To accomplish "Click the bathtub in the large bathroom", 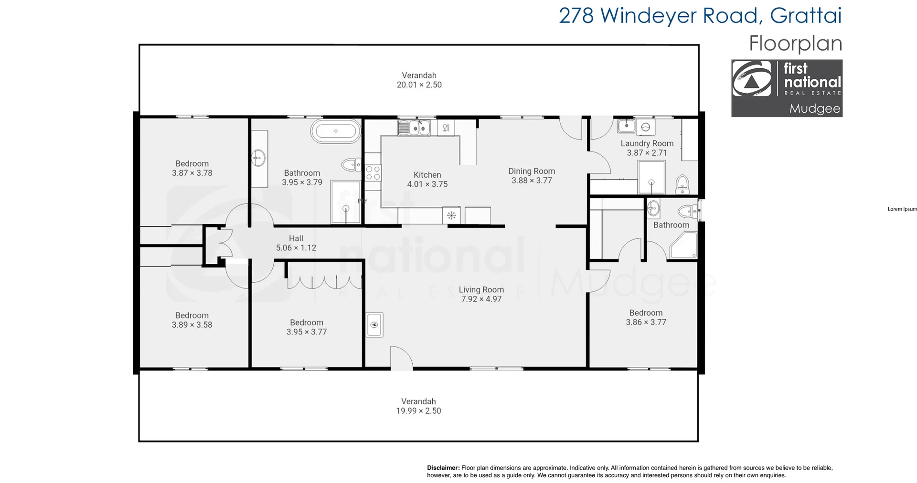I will click(336, 131).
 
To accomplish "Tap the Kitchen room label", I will click(427, 175).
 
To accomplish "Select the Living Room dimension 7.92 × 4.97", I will click(481, 299).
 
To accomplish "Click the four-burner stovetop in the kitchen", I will click(373, 173).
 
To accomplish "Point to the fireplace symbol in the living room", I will click(374, 325).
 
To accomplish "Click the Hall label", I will click(296, 238).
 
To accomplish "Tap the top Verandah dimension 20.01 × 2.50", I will click(419, 85).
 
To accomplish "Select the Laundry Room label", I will click(647, 143).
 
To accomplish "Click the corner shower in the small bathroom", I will click(684, 246).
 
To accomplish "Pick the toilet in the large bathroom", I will click(351, 165).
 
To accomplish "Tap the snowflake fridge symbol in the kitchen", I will click(451, 215).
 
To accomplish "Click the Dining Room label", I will click(531, 171).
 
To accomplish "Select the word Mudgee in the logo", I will click(814, 108).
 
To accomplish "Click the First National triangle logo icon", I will click(751, 80).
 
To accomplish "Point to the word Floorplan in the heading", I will click(795, 43).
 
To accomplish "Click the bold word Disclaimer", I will click(443, 468).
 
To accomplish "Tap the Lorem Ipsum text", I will click(902, 209).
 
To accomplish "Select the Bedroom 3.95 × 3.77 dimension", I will click(306, 332).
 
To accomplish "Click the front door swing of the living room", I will click(401, 358).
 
